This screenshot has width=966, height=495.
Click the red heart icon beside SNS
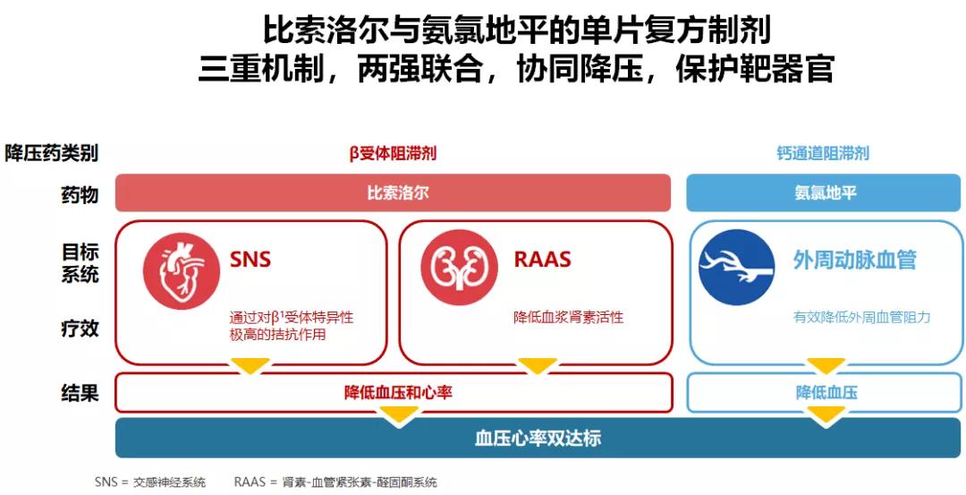pos(181,270)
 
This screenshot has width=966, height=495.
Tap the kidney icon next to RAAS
pos(459,267)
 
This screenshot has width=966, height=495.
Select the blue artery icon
pos(737,268)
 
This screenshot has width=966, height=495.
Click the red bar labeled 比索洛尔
pos(393,193)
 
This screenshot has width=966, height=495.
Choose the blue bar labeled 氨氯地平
pos(824,193)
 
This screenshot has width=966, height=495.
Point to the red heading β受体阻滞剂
pos(393,153)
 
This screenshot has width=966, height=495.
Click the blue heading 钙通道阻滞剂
pos(823,153)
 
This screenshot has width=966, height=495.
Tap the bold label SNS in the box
pos(250,259)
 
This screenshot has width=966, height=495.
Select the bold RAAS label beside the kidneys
pos(542,259)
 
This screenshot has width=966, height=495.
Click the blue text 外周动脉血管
pos(854,260)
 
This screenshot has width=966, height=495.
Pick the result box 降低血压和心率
pos(394,393)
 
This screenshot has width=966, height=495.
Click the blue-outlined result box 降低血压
pos(825,393)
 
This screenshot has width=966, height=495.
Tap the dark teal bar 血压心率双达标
pos(538,438)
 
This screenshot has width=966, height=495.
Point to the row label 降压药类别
pos(52,152)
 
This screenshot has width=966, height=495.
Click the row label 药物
pos(80,195)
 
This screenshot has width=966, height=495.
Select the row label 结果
pos(80,393)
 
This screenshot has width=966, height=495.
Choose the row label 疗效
pos(80,328)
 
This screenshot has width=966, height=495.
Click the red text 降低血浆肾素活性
pos(569,318)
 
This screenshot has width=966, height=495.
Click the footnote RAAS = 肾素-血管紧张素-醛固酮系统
pos(335,482)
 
